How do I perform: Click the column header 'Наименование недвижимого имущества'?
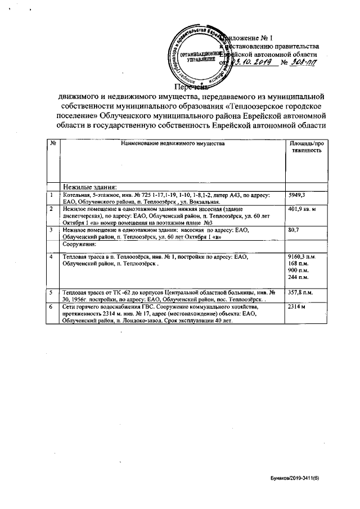point(168,145)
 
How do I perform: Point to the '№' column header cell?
point(52,145)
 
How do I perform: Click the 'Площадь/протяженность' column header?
point(306,148)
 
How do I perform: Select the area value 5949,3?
point(296,195)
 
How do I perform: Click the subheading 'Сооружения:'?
point(79,245)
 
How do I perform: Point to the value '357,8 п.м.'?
point(301,293)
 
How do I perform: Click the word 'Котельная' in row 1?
point(75,195)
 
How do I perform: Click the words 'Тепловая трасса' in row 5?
point(83,293)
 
